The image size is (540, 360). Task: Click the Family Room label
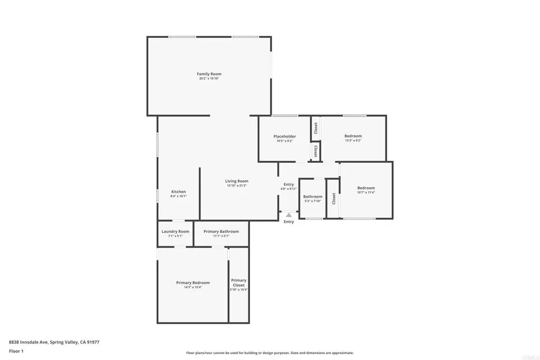(x=209, y=74)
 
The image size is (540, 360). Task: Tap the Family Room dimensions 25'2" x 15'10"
(x=209, y=79)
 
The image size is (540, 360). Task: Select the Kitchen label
(x=178, y=191)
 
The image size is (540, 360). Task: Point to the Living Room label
(x=237, y=181)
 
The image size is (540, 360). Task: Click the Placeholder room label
(x=284, y=136)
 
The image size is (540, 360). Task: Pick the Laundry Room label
(x=175, y=231)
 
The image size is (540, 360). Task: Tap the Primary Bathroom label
(x=221, y=231)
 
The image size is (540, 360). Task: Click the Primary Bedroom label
(x=192, y=283)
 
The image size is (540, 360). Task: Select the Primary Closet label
(x=238, y=283)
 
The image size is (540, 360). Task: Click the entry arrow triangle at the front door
(x=288, y=215)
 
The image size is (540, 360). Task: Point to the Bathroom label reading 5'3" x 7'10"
(x=312, y=197)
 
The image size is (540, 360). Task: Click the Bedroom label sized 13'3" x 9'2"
(x=353, y=136)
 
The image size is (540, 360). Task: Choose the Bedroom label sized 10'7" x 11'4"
(x=365, y=188)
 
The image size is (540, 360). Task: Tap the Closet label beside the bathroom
(x=334, y=198)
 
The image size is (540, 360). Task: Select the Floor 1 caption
(x=15, y=351)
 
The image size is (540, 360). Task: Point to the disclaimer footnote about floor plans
(x=269, y=353)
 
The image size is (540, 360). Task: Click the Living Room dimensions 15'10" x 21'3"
(x=237, y=186)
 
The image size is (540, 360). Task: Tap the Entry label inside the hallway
(x=288, y=184)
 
